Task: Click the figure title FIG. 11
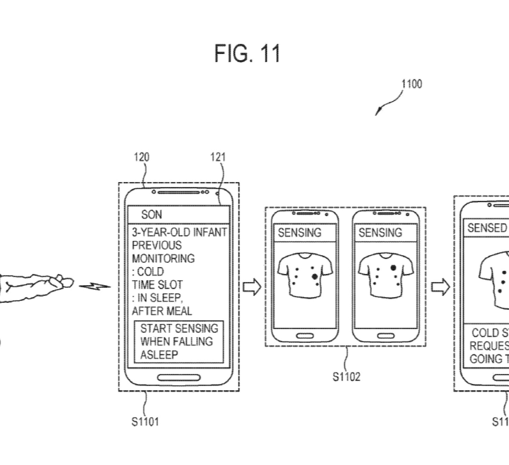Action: pos(247,54)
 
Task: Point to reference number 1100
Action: pos(411,84)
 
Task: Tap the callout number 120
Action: pos(141,157)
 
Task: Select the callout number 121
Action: pos(218,157)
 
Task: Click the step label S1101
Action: pos(145,422)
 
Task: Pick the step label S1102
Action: pos(346,376)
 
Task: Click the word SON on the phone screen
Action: pos(151,215)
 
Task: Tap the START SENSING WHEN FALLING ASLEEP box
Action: pos(179,342)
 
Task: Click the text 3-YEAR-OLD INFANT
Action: pos(179,232)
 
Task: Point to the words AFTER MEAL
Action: pos(162,311)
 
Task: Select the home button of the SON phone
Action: pos(179,378)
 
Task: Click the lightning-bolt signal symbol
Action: pos(94,286)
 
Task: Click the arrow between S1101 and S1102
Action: pos(252,287)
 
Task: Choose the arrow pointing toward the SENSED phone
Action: pos(441,287)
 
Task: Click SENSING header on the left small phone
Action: pos(299,233)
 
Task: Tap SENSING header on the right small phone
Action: pos(380,233)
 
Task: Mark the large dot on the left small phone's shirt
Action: pos(315,276)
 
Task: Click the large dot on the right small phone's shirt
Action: pos(393,267)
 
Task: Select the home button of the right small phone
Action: pos(386,336)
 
